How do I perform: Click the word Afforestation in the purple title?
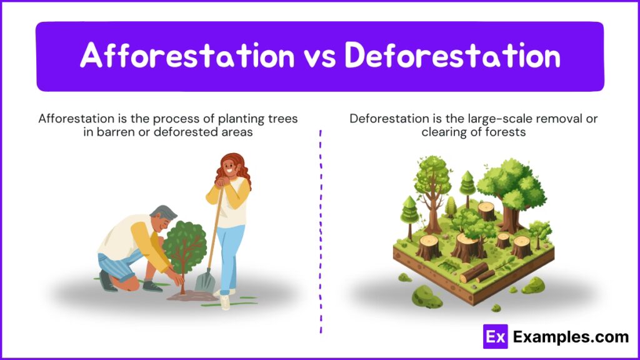(x=187, y=55)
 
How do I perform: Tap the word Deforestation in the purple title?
(x=452, y=55)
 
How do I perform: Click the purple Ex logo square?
(x=495, y=336)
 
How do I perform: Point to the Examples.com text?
(x=571, y=337)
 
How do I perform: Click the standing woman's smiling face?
(x=229, y=167)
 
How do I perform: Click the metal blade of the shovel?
(x=205, y=281)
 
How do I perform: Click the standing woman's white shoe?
(x=225, y=301)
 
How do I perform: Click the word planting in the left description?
(x=241, y=119)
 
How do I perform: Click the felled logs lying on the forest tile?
(x=477, y=273)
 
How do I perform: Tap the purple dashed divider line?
(x=321, y=232)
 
